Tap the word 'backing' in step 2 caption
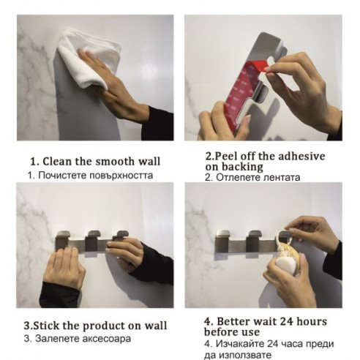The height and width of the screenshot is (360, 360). [x=242, y=167]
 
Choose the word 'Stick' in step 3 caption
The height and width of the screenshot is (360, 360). [x=46, y=326]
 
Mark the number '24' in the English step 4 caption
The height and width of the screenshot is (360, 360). [x=287, y=321]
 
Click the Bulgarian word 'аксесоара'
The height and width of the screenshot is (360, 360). [x=107, y=339]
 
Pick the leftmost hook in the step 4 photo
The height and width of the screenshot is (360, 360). [x=223, y=241]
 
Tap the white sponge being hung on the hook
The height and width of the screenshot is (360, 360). [x=284, y=264]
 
